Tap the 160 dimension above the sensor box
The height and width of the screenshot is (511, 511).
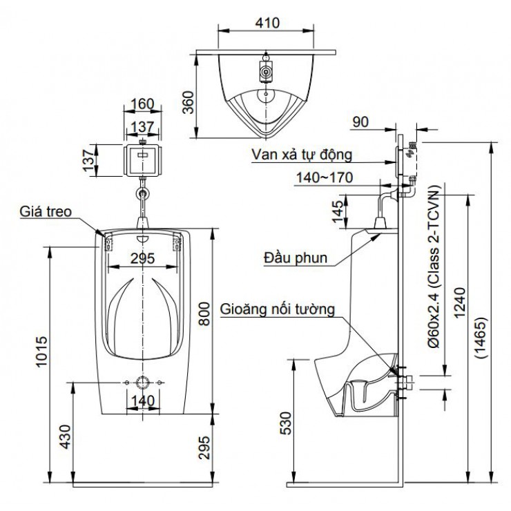pyautogui.click(x=141, y=104)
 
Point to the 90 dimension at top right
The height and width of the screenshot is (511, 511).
pyautogui.click(x=360, y=122)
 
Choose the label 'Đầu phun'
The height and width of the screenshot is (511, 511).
pyautogui.click(x=295, y=258)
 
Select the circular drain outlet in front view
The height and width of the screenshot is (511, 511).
pyautogui.click(x=142, y=383)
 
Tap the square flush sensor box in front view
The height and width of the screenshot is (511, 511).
pyautogui.click(x=142, y=157)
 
